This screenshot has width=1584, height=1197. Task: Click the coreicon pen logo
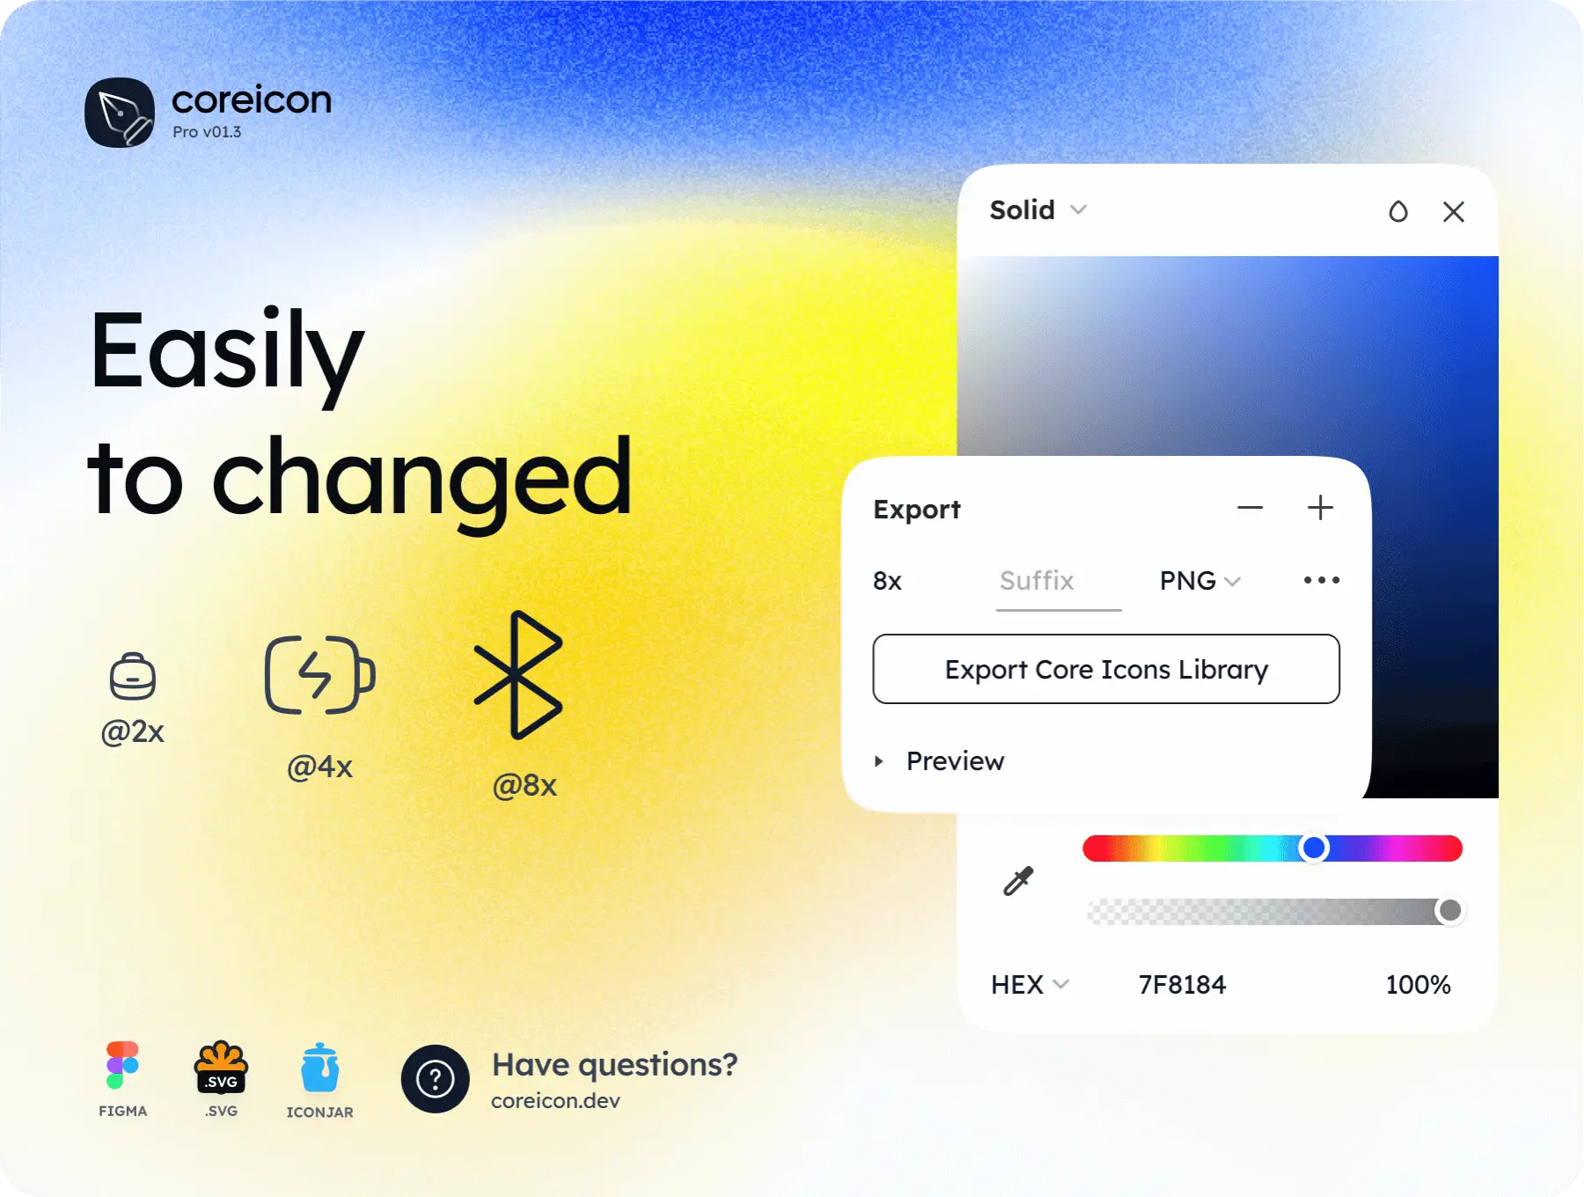tap(120, 113)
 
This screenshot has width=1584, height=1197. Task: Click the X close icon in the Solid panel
tap(1454, 211)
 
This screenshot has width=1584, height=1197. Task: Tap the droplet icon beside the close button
tap(1398, 211)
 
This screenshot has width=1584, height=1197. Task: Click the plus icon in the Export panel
tap(1320, 508)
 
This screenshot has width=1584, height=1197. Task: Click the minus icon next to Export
tap(1250, 508)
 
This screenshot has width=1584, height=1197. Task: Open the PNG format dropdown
tap(1199, 581)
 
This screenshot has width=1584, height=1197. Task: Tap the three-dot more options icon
tap(1322, 580)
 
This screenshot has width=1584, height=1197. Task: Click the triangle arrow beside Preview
tap(878, 761)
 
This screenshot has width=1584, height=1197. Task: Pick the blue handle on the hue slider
tap(1314, 848)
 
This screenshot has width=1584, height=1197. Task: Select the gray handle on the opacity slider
tap(1449, 910)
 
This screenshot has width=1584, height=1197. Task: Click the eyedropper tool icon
tap(1018, 880)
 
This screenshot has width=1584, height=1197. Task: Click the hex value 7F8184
tap(1182, 984)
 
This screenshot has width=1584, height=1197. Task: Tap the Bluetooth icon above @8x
tap(517, 675)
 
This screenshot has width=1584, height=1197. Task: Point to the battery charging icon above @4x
tap(320, 674)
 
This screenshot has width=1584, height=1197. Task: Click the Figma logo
tap(122, 1065)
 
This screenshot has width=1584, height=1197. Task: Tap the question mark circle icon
tap(435, 1078)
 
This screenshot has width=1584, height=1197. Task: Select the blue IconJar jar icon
tap(319, 1068)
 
